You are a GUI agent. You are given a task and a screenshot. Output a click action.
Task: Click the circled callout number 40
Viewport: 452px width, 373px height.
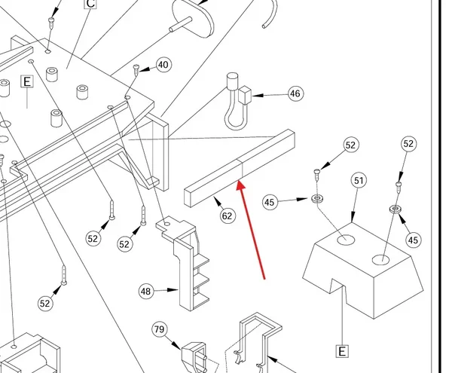(163, 65)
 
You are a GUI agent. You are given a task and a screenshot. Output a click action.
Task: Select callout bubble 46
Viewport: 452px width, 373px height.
(295, 93)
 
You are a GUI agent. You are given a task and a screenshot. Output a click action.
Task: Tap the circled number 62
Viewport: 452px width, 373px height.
(228, 216)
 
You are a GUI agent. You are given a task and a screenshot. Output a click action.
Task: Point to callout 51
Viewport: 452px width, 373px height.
(359, 180)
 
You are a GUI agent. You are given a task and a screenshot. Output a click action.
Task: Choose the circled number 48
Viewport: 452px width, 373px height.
(146, 291)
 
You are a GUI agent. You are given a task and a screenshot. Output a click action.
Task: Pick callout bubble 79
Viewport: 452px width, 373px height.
(159, 329)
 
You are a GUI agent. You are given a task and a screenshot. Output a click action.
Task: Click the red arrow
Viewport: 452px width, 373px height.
(251, 230)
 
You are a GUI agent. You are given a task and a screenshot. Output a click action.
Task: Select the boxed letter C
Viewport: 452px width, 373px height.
(90, 4)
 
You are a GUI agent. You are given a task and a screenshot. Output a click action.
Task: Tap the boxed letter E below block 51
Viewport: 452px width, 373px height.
(342, 351)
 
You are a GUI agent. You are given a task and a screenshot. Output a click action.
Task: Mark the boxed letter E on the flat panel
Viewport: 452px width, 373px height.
(27, 81)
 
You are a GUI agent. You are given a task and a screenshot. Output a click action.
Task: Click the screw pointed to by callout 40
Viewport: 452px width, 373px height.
(136, 70)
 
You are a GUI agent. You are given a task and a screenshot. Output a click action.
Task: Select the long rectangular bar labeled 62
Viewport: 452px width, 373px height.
(240, 168)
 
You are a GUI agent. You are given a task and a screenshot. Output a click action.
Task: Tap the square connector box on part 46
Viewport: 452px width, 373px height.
(245, 94)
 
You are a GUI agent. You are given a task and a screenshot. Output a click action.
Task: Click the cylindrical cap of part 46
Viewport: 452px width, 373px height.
(232, 81)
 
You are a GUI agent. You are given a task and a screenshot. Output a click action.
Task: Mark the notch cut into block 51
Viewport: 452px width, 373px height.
(337, 286)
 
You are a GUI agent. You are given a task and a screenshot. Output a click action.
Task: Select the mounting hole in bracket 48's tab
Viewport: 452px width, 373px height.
(166, 223)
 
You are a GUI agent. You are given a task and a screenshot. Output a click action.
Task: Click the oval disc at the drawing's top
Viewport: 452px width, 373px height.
(193, 17)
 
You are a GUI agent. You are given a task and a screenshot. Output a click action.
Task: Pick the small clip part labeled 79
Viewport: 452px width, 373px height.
(194, 357)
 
